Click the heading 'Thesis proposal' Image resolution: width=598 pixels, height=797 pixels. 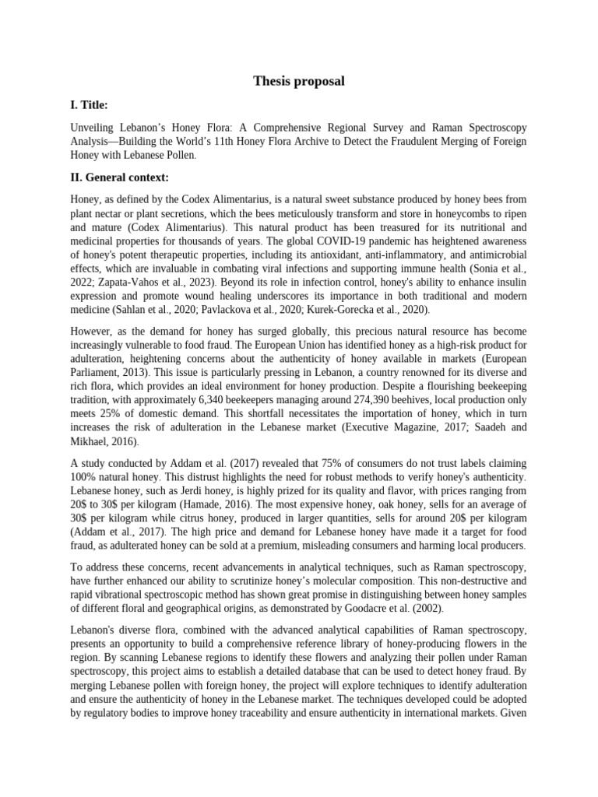tap(299, 81)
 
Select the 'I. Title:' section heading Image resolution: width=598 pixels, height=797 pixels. tap(90, 104)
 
